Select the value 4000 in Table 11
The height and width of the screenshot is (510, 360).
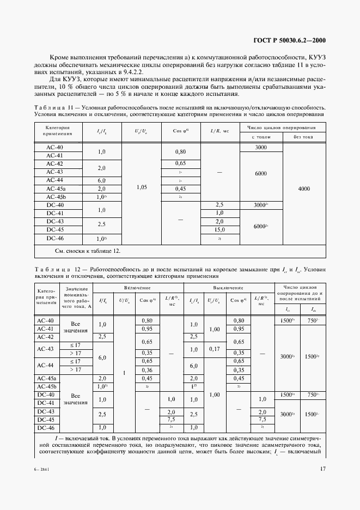coord(304,188)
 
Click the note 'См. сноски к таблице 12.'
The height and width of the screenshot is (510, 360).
coord(80,251)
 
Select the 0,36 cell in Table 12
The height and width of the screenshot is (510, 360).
coord(147,369)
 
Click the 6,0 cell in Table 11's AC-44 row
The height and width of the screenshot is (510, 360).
coord(101,180)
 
